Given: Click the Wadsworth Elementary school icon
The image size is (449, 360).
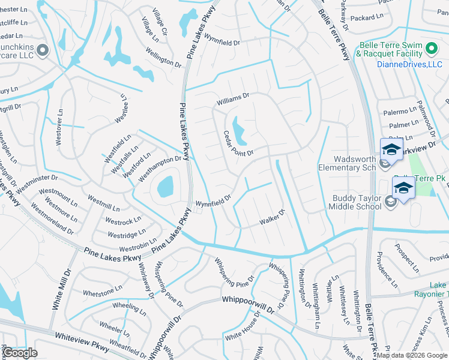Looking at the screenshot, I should pos(390,150).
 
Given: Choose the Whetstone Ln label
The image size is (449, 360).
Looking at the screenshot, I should pos(98,292).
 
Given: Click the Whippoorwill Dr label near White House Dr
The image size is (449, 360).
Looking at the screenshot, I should pos(247,303).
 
